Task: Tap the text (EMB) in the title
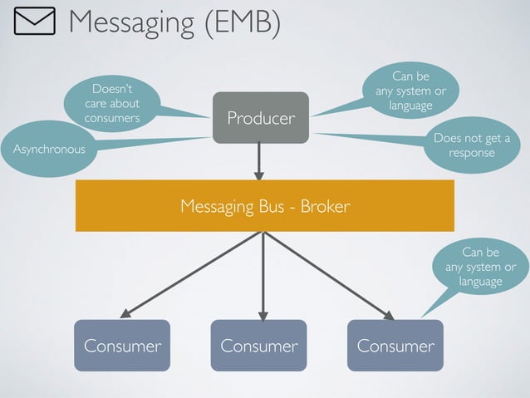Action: tap(241, 23)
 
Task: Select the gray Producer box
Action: tap(260, 117)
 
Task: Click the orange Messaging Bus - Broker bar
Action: tap(265, 205)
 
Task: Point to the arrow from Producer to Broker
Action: tap(259, 160)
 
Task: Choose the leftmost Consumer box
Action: tap(122, 345)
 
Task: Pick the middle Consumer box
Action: tap(258, 345)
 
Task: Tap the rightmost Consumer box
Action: tap(395, 345)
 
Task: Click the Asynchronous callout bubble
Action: tap(48, 150)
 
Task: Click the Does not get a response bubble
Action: tap(471, 145)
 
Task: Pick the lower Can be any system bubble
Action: tap(480, 267)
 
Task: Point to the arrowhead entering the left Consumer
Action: tap(125, 314)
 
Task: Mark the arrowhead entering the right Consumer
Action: tap(389, 314)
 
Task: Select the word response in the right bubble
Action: tap(471, 153)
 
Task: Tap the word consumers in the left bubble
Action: tap(112, 118)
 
